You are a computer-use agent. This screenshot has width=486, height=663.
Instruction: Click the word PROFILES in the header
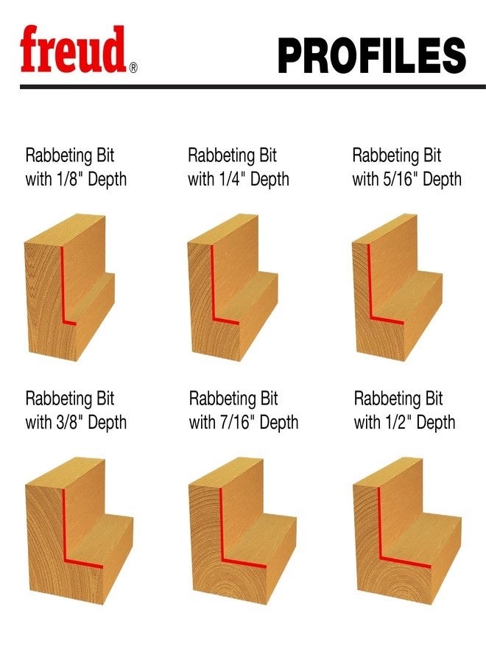[x=372, y=55]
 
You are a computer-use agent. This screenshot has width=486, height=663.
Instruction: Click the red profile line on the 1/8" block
[x=62, y=287]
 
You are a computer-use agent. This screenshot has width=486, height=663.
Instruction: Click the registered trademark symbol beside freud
[x=133, y=69]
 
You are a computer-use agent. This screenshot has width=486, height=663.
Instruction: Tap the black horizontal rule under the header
[x=243, y=87]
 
